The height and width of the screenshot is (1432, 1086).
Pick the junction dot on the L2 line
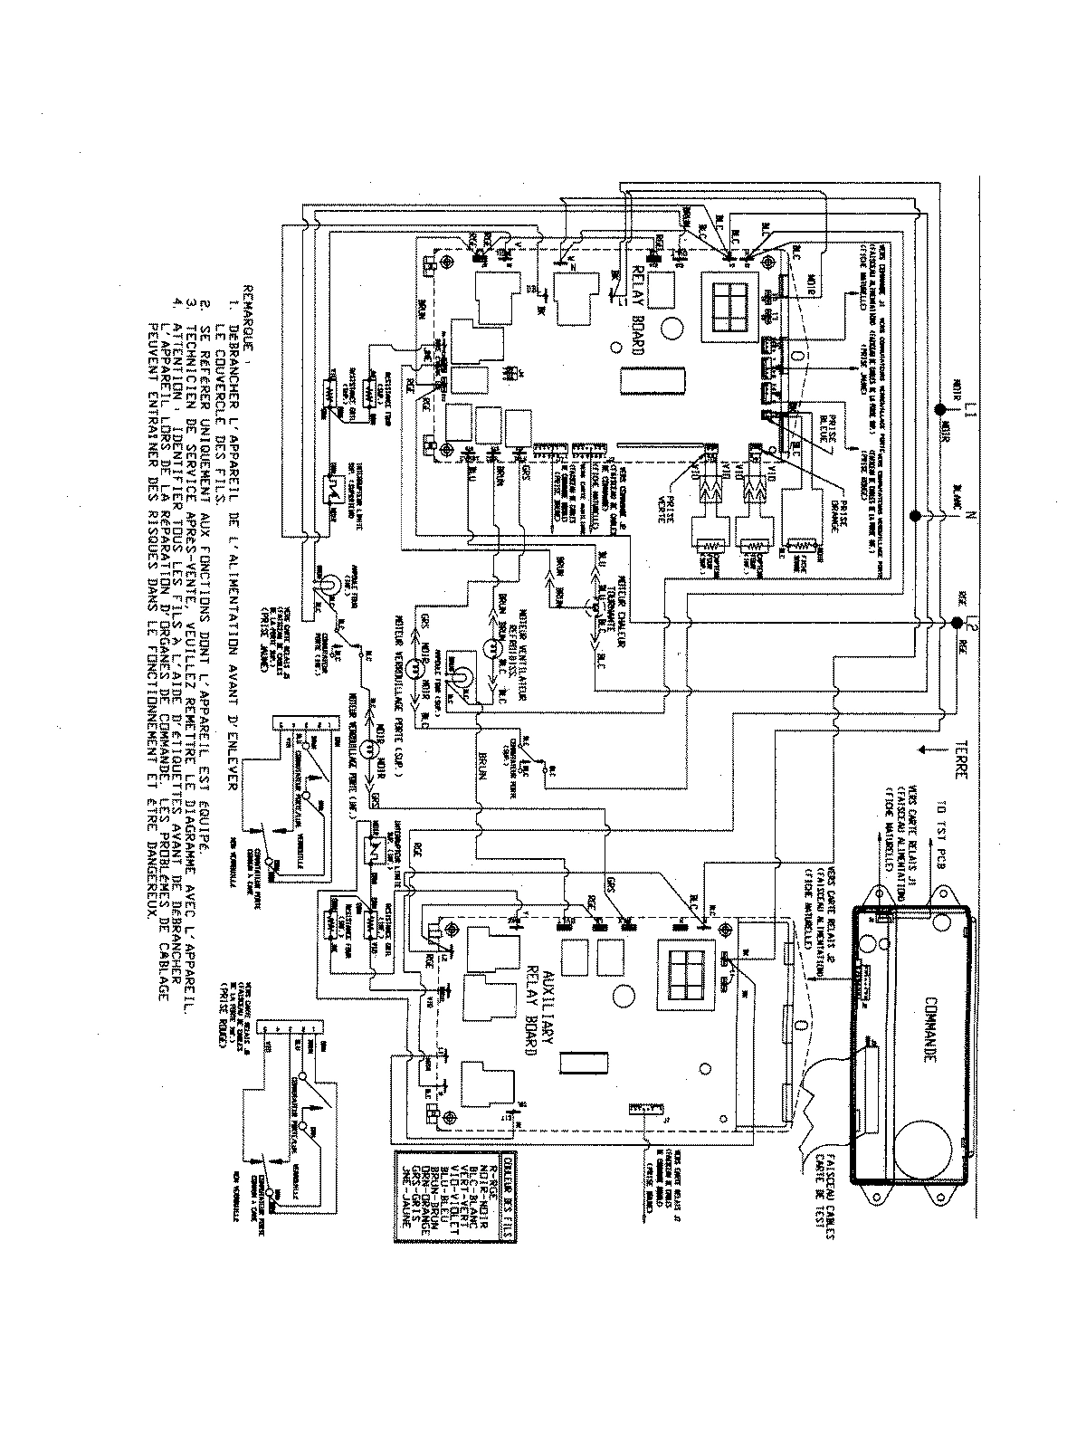tap(956, 623)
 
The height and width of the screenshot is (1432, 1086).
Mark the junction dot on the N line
tap(914, 516)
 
